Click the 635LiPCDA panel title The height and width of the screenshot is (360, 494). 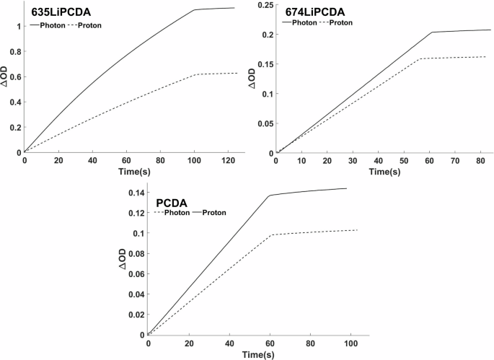point(61,13)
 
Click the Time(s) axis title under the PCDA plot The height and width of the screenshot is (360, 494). point(258,354)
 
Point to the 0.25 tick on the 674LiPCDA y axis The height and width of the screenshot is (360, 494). point(265,5)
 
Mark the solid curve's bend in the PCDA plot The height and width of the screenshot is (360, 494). point(269,196)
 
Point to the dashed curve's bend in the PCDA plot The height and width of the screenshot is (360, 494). point(269,235)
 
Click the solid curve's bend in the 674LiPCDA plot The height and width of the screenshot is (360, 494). point(431,32)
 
